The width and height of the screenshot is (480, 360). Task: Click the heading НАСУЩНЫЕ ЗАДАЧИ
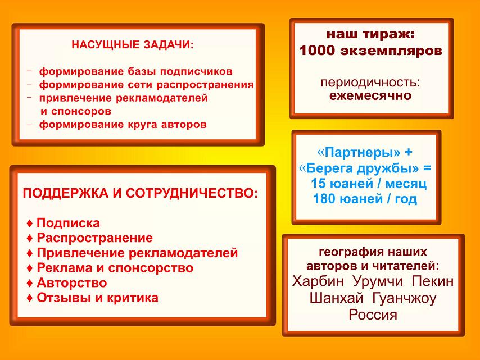(133, 45)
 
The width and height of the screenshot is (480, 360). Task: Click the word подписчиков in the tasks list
(196, 71)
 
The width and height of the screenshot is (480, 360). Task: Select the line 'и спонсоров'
(76, 111)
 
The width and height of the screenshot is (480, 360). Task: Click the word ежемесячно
(370, 95)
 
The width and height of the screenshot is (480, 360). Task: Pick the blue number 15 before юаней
(318, 184)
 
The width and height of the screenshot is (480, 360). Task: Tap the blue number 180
(323, 199)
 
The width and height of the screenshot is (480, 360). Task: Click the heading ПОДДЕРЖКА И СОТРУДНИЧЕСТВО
(140, 193)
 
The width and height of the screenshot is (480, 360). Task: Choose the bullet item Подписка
(64, 223)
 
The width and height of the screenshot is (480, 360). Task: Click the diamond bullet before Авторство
(30, 283)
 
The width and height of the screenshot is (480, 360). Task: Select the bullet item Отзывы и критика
(92, 298)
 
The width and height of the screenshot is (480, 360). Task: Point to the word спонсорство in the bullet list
(151, 268)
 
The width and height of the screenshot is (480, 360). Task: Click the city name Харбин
(318, 281)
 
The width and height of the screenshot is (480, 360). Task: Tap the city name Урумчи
(378, 281)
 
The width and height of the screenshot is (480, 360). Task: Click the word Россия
(373, 315)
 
